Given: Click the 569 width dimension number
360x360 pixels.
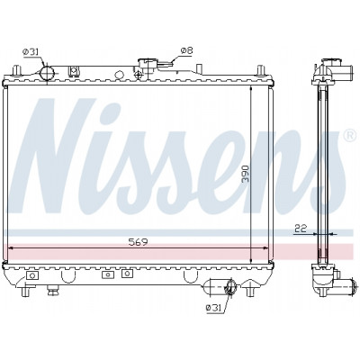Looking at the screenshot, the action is click(x=138, y=242).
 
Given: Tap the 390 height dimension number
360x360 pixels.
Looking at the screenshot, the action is click(x=246, y=173).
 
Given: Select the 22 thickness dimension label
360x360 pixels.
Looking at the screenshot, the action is click(x=301, y=229).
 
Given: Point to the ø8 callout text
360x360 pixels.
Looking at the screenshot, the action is click(x=186, y=51).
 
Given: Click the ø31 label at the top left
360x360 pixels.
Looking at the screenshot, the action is click(x=31, y=52).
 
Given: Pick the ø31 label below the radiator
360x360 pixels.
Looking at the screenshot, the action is click(x=213, y=307).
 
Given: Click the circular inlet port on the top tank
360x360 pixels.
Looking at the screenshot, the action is click(x=47, y=74).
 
